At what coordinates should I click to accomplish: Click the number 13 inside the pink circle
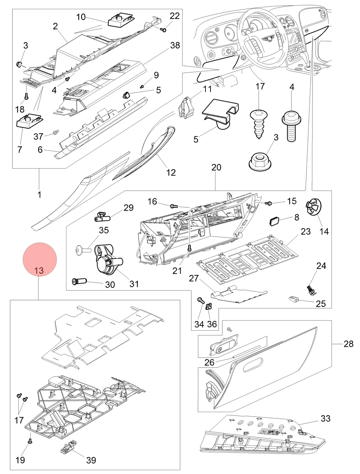pos(39,270)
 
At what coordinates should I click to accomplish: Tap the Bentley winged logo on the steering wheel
pos(268,39)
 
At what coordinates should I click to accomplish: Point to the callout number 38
pos(175,45)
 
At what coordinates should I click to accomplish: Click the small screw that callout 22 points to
pos(164,30)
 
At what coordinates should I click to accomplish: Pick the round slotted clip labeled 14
pos(314,207)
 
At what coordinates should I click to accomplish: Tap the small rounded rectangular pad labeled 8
pos(274,221)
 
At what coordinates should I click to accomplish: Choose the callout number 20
pos(216,167)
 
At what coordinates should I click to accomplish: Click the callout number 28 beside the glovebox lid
pos(348,344)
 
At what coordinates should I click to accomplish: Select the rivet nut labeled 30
pos(79,281)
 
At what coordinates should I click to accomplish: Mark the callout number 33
pos(326,418)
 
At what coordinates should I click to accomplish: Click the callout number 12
pos(171,172)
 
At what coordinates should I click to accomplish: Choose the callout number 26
pos(209,362)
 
